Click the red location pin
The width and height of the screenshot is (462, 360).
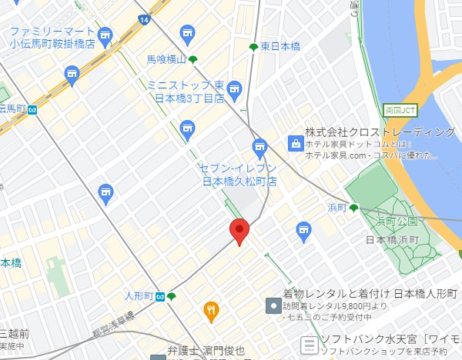tap(239, 230)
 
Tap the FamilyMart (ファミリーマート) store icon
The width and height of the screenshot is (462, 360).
tap(105, 35)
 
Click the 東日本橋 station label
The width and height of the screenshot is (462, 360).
tap(280, 47)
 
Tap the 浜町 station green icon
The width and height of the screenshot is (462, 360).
tap(353, 208)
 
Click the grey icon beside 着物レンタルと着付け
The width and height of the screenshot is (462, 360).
tap(272, 306)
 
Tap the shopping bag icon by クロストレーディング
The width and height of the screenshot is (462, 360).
tap(294, 142)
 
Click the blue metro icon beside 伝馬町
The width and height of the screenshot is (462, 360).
tap(32, 109)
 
